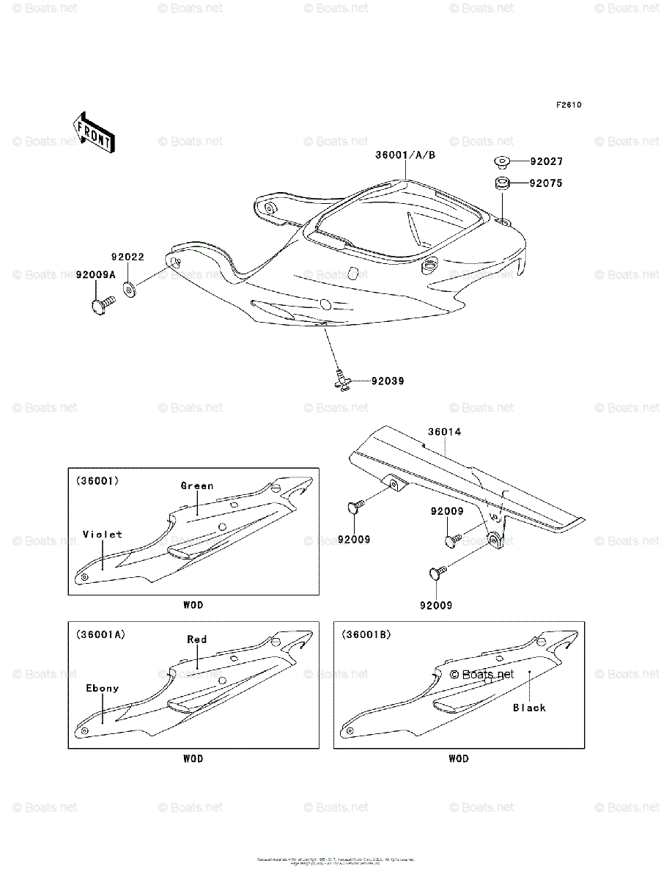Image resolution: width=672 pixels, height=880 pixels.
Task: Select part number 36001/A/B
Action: [x=405, y=155]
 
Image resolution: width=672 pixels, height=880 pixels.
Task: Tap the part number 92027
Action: [x=547, y=161]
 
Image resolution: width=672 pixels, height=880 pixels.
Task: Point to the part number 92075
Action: [x=547, y=183]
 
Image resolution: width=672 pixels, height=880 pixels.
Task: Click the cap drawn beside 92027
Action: [x=501, y=161]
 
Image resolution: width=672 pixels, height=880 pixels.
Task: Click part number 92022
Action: [x=128, y=257]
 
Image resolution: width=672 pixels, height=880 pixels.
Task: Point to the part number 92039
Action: [x=388, y=381]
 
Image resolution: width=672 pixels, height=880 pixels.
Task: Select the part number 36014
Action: [x=445, y=433]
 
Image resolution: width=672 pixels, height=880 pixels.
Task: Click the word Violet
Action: [x=103, y=535]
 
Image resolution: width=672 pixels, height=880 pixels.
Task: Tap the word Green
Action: [x=197, y=485]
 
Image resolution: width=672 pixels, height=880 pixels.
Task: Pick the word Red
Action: [x=196, y=639]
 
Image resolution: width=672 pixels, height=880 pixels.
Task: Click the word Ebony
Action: [x=102, y=689]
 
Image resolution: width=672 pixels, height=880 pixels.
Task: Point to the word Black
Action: [x=529, y=708]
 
